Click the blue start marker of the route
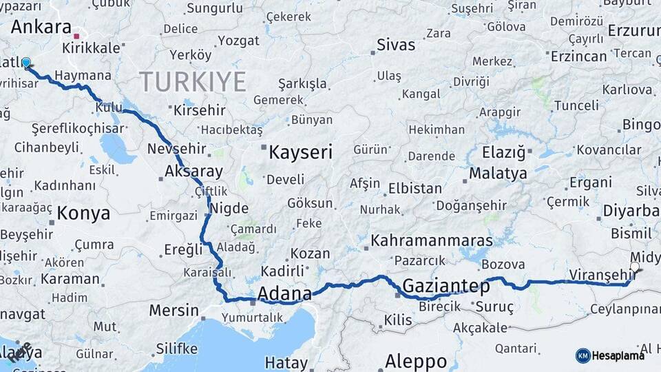coord(26,63)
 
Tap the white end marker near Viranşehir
coord(634,267)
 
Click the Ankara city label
coord(41,28)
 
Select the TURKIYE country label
coord(193,82)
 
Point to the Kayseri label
coord(300,152)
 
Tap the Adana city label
coord(284,295)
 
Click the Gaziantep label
coord(446,286)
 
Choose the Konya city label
coord(83,214)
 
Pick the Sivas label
coord(396,45)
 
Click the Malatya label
coord(498,173)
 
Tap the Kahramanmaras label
coord(432,240)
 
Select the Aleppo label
coord(416,360)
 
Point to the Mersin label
coord(174,310)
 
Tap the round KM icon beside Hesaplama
coord(583,355)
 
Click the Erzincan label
coord(579,56)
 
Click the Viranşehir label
coord(596,275)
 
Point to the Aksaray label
coord(194,172)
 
